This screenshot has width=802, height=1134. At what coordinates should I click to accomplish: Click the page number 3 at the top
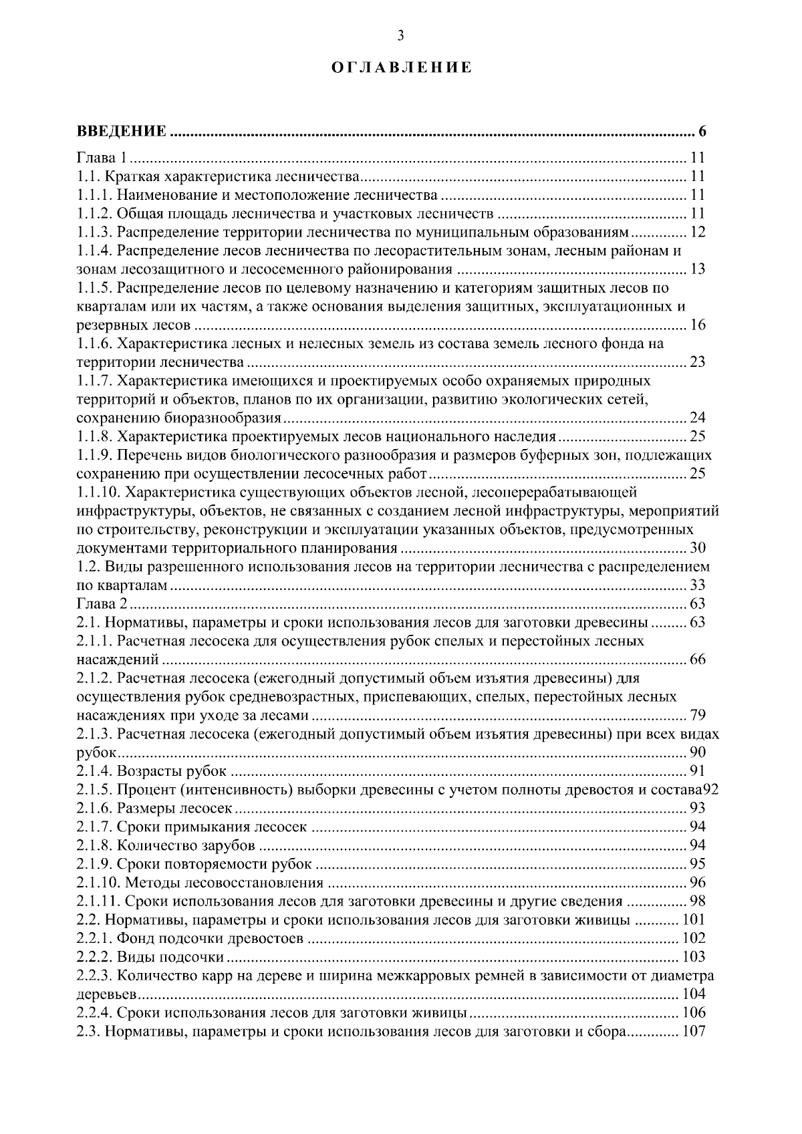click(400, 37)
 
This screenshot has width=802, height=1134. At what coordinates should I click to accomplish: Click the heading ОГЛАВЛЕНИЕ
click(401, 68)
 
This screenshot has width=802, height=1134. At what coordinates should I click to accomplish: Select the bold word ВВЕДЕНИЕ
click(121, 131)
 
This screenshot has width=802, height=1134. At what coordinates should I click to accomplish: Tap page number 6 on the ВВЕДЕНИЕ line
click(702, 131)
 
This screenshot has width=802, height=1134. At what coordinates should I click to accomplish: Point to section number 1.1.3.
click(94, 233)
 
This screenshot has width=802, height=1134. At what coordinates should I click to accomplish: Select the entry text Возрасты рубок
click(172, 772)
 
